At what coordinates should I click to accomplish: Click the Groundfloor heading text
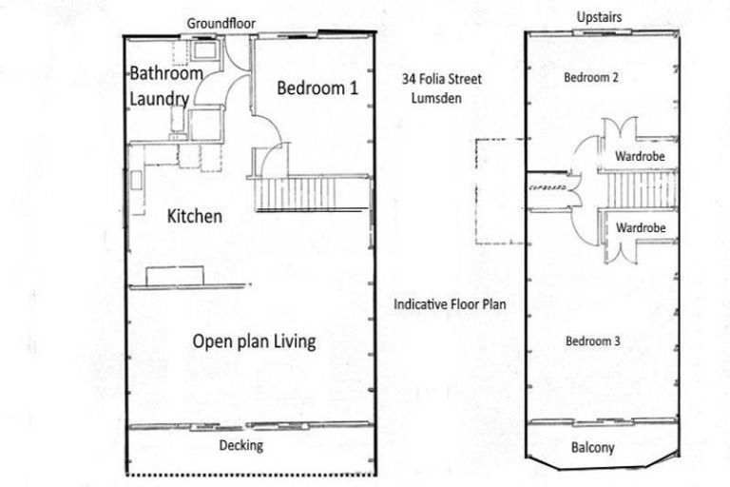pos(221,23)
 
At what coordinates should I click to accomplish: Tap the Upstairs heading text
pos(600,18)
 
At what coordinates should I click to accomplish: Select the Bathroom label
pos(166,73)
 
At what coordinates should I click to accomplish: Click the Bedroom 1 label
pos(317,88)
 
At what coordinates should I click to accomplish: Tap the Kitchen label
pos(195,217)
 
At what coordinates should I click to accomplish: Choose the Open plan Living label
pos(254,341)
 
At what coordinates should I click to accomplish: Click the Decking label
pos(241,445)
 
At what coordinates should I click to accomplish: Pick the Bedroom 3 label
pos(593,341)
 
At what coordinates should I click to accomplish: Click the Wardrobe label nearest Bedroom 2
pos(639,154)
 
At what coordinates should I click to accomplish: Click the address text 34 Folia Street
pos(442,80)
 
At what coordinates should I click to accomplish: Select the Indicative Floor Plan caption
pos(451,305)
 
